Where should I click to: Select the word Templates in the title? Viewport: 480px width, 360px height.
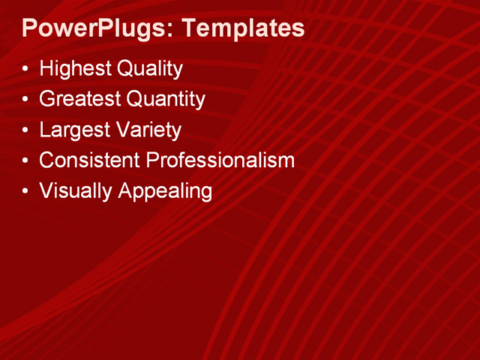coord(243,29)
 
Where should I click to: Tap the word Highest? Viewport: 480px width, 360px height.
coord(75,70)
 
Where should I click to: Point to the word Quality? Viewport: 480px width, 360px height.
coord(149,70)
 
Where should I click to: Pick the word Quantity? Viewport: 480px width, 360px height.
coord(166,99)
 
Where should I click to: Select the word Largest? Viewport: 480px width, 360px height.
coord(74,130)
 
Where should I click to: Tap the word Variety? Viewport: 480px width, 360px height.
coord(148,130)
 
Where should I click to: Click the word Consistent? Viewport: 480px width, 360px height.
coord(89,160)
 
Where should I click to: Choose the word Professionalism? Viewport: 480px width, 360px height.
coord(220,160)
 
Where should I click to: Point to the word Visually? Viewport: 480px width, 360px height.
coord(74,190)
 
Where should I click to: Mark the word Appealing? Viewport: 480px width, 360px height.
coord(164,190)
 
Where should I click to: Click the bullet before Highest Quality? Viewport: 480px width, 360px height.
coord(26,70)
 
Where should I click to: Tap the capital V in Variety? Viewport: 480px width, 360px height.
coord(123,130)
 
